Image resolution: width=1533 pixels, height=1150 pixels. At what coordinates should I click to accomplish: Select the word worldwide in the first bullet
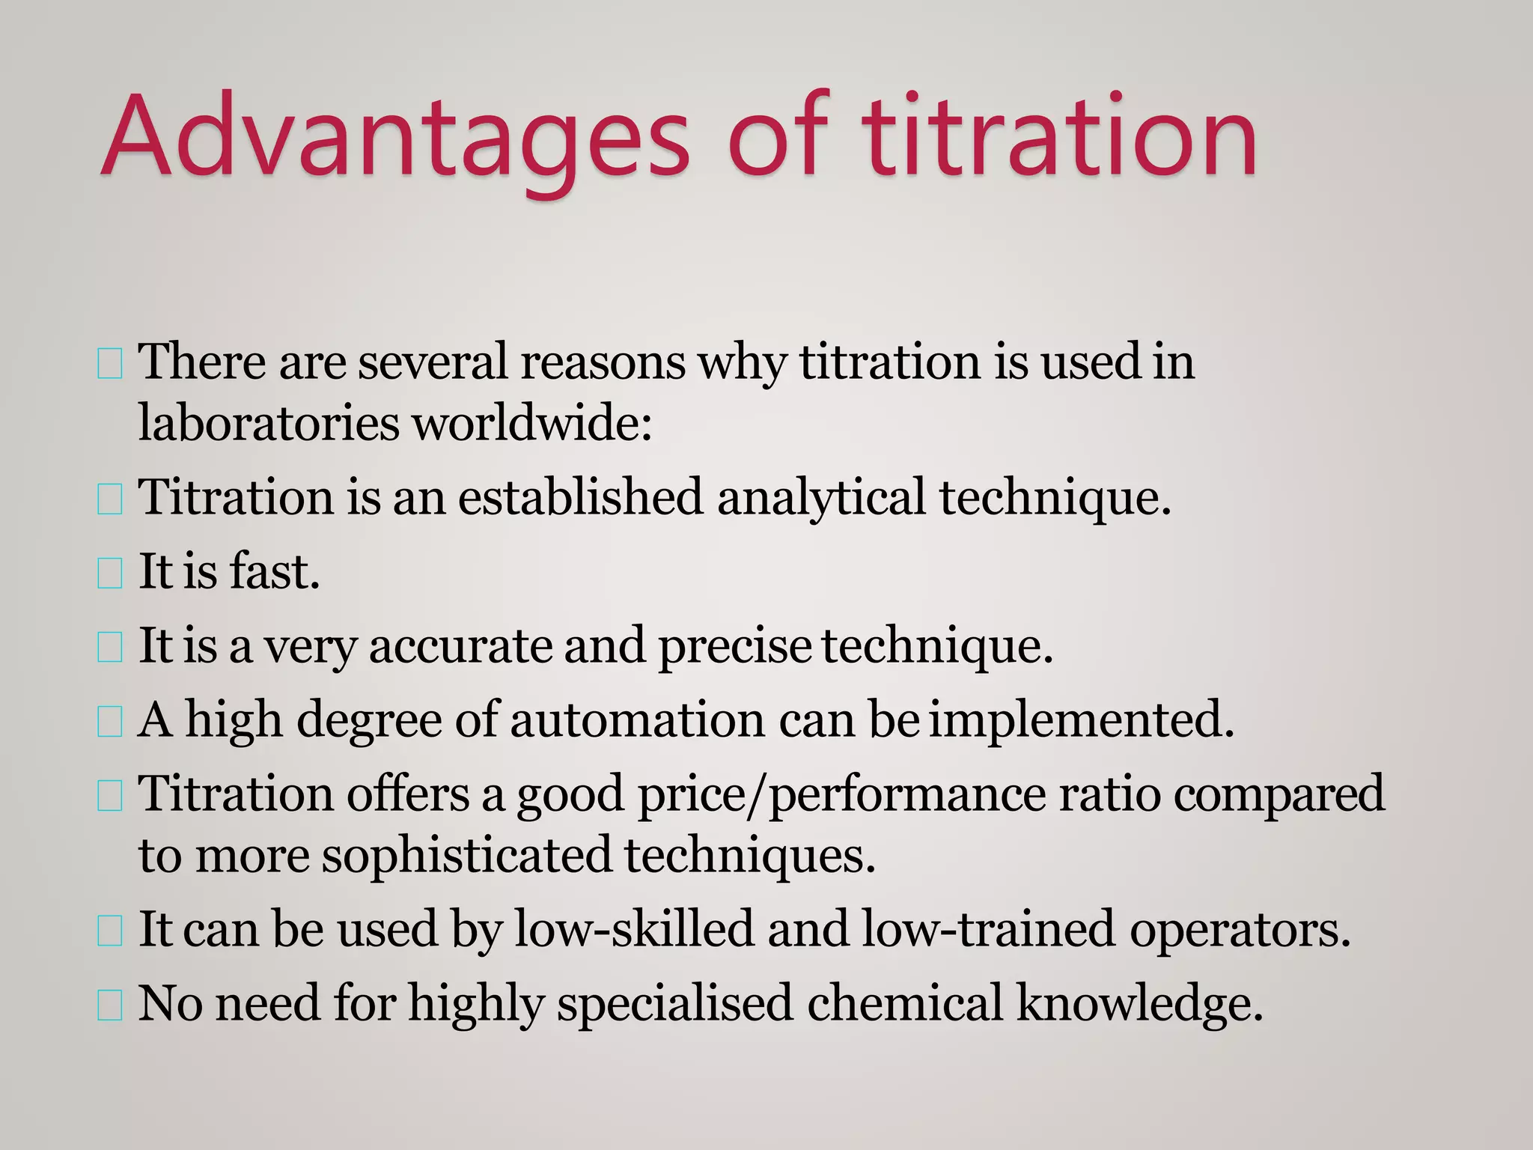(531, 423)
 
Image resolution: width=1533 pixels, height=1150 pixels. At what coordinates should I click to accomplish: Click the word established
(580, 497)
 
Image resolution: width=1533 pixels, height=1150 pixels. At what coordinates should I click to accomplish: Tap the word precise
(734, 646)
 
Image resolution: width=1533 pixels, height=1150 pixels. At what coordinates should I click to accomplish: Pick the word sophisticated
(467, 855)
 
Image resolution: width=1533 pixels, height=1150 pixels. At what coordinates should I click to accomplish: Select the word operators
(1240, 929)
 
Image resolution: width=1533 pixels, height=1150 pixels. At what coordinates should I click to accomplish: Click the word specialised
(674, 1003)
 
